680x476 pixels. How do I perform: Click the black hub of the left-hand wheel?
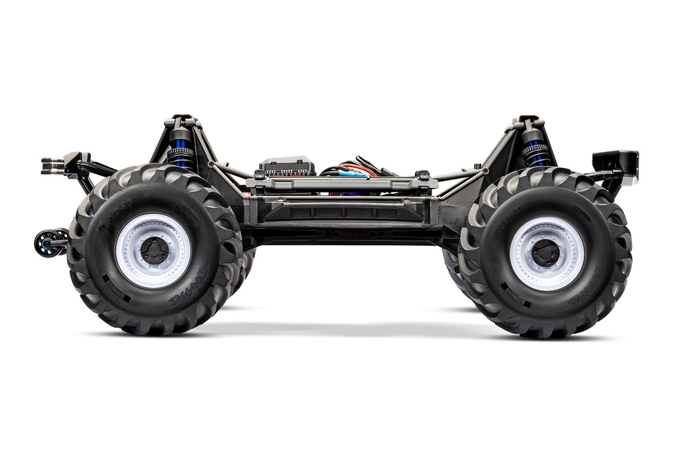[x=153, y=251]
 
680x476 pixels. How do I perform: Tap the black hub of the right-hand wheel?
[x=547, y=253]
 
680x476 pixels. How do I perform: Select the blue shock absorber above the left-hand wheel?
[x=181, y=149]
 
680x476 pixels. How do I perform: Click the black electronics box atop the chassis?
[x=288, y=166]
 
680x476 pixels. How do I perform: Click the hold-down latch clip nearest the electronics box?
[x=260, y=175]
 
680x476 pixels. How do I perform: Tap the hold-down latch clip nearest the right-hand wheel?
[x=422, y=175]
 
